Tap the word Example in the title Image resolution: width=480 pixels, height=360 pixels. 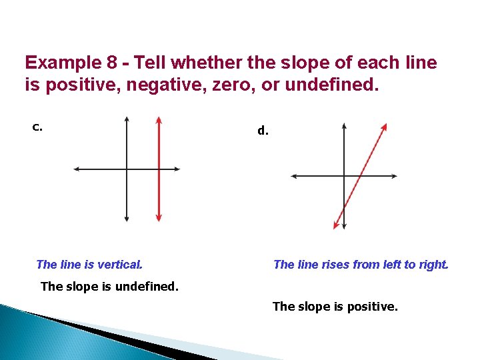coord(61,63)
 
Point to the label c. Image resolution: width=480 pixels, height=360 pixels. coord(37,127)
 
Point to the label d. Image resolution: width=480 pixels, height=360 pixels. coord(263,131)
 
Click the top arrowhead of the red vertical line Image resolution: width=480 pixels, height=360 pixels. coord(159,120)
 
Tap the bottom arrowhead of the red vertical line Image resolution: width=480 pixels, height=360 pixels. coord(159,217)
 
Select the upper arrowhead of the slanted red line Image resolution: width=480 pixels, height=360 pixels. coord(385,127)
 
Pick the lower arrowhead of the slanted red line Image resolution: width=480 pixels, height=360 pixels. coord(336,225)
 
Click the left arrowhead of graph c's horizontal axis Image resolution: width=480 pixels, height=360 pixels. coord(76,169)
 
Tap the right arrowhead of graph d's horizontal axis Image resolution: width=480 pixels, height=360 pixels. coord(395,176)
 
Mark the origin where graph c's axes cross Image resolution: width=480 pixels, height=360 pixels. coord(127,169)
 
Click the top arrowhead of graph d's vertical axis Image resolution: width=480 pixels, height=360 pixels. coord(344,125)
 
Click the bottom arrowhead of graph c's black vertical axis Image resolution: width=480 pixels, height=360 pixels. coord(127,218)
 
